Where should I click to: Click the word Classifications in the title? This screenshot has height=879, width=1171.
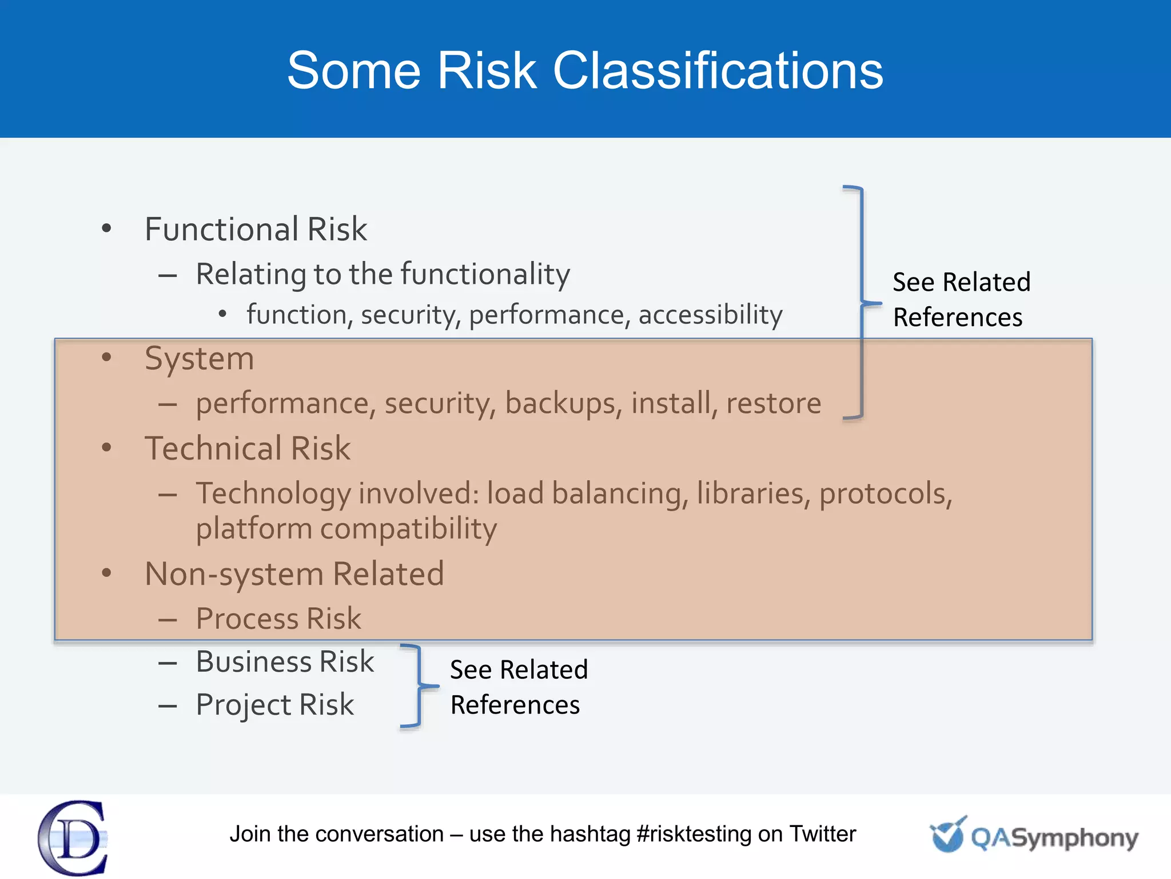click(x=718, y=71)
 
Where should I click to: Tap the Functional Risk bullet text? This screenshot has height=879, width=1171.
click(x=256, y=229)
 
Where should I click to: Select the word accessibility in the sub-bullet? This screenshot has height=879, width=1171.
click(x=710, y=315)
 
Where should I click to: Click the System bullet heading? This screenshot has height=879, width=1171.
click(x=199, y=359)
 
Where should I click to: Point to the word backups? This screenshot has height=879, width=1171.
click(x=563, y=403)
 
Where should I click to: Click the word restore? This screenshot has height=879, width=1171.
click(x=773, y=403)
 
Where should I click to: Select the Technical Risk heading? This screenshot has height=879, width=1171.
click(x=247, y=448)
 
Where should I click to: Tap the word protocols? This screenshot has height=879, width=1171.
click(x=885, y=493)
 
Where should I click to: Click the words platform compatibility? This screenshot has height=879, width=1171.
click(x=346, y=528)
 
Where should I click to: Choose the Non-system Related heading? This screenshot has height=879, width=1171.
click(x=294, y=574)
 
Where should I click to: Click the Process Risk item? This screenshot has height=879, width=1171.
click(x=278, y=619)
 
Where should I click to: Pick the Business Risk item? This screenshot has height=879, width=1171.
click(x=285, y=662)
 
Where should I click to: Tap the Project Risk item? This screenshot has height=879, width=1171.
click(x=274, y=704)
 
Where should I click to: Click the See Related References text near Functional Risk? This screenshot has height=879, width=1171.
click(x=961, y=299)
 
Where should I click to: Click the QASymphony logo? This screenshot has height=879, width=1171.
click(x=1034, y=836)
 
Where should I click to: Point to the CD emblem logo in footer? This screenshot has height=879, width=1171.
click(x=73, y=837)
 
